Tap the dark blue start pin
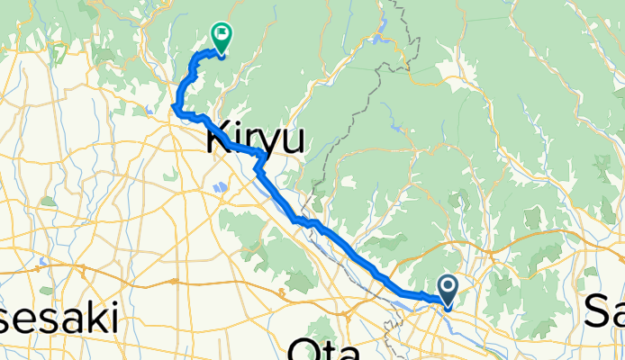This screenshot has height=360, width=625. (448, 290)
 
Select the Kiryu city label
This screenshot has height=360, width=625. (257, 139)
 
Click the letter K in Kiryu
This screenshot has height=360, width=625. (221, 139)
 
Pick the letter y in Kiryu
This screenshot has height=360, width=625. (272, 142)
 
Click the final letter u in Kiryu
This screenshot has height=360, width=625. (293, 140)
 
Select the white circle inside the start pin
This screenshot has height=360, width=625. (448, 286)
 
